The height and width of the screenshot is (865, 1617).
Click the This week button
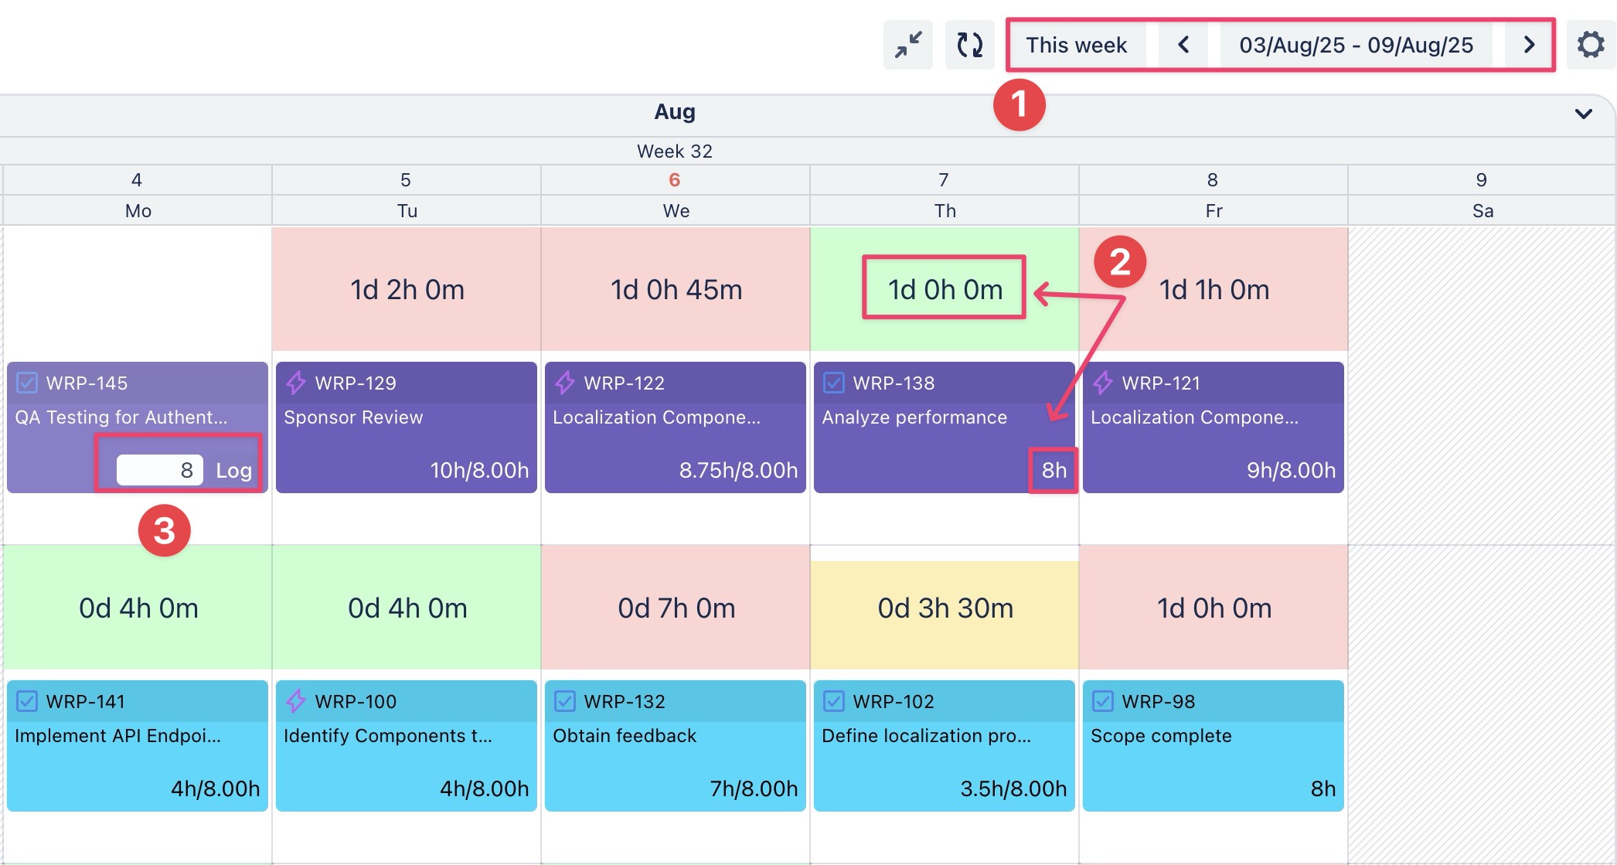[1076, 45]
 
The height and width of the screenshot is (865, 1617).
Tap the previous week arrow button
[1183, 45]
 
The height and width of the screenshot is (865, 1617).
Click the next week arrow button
[1528, 45]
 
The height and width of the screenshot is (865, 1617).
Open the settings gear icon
[1590, 45]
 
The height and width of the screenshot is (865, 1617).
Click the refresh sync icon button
[969, 45]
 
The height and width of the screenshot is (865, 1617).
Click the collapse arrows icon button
[908, 45]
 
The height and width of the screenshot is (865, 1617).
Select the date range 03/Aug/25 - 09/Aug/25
[1356, 45]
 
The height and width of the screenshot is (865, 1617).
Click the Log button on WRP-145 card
[233, 470]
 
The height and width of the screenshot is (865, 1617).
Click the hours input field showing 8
[160, 470]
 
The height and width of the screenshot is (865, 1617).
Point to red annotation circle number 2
[1120, 262]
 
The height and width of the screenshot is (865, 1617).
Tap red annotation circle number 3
[164, 531]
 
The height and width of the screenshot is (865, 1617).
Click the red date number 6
[675, 180]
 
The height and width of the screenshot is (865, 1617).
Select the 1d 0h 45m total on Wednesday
[676, 290]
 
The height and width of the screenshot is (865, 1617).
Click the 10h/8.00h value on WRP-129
[479, 470]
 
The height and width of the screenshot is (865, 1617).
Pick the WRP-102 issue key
[894, 701]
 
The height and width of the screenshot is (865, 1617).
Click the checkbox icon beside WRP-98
[1103, 701]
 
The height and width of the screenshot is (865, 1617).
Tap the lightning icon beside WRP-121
[1103, 383]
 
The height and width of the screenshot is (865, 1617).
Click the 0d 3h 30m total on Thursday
[945, 608]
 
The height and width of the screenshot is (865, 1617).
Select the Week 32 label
[675, 152]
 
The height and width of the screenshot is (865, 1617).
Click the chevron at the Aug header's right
[1583, 114]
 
